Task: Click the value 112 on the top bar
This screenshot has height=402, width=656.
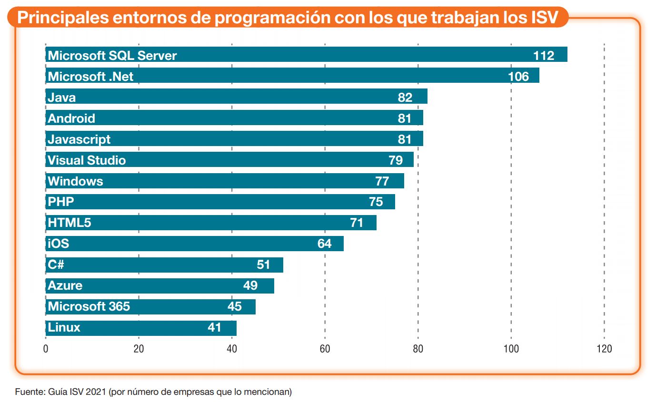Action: click(544, 56)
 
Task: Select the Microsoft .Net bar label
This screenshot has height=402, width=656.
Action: click(90, 77)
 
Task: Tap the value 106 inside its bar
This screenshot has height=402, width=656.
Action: click(518, 77)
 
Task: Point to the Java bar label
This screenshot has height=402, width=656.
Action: click(61, 98)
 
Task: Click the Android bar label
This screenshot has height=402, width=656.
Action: click(71, 118)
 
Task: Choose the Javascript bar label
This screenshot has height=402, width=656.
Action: click(79, 139)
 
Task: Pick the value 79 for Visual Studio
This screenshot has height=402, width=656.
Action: click(395, 160)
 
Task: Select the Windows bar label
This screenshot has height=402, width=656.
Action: click(75, 181)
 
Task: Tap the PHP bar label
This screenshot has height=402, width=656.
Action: click(61, 202)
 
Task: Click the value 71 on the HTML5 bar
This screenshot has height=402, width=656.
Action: click(356, 223)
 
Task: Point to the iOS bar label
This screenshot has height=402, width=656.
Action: click(58, 244)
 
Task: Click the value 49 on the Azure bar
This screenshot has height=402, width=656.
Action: click(250, 285)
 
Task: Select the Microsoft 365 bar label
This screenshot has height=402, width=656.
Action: click(89, 306)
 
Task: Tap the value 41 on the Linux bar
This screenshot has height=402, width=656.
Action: click(214, 327)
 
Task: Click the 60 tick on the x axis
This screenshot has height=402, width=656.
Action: click(325, 349)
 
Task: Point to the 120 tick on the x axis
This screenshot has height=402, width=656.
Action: click(604, 349)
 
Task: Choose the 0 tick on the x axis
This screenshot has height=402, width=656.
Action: click(46, 349)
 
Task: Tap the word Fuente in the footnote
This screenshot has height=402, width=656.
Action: click(30, 392)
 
